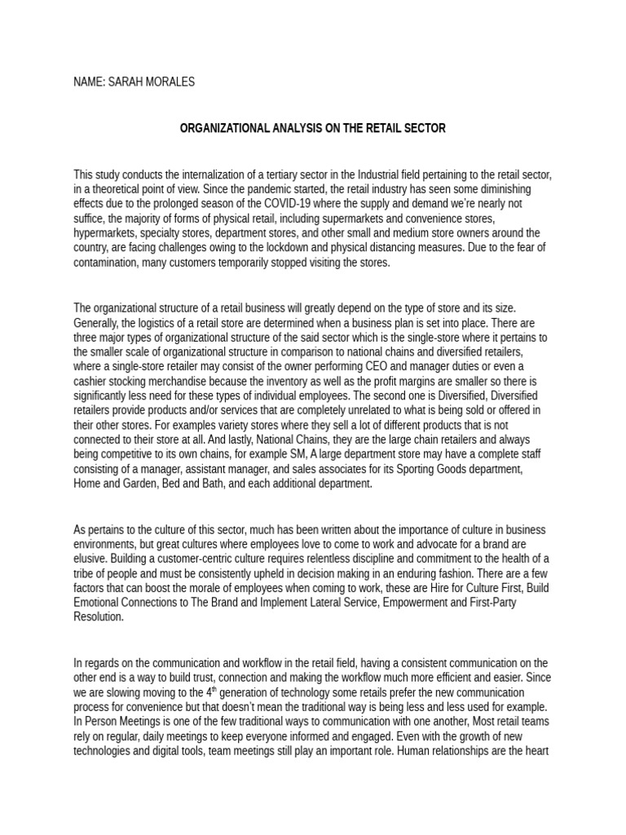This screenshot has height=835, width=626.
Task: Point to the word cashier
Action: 91,381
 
